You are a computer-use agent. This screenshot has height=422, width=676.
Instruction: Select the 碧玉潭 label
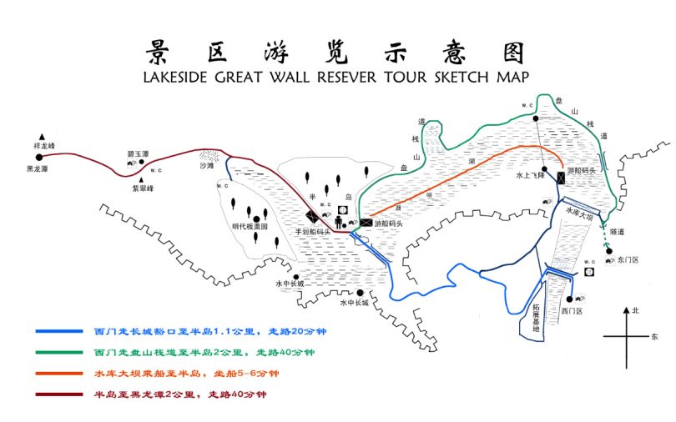click(x=138, y=154)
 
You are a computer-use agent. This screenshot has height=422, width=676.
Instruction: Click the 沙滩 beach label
click(x=206, y=166)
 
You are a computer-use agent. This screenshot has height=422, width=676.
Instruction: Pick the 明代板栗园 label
click(x=250, y=226)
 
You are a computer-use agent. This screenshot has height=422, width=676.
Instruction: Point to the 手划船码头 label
click(x=313, y=231)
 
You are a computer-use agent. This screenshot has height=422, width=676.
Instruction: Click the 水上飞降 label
click(x=530, y=176)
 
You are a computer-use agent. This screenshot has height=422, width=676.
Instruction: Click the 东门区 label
click(x=628, y=260)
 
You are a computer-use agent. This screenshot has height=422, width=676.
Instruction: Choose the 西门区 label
click(x=571, y=310)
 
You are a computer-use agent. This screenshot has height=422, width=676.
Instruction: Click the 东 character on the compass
click(x=654, y=337)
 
